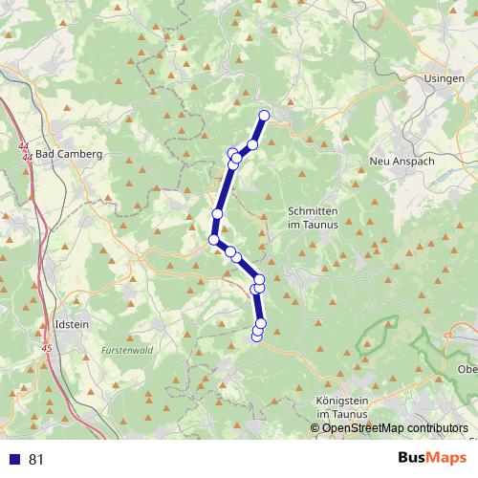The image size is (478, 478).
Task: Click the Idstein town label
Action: click(73, 324)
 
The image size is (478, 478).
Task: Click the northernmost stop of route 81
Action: click(265, 116)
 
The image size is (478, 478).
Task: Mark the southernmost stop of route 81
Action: click(256, 336)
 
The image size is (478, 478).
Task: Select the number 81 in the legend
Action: click(36, 459)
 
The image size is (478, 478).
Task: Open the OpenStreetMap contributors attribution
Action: click(396, 428)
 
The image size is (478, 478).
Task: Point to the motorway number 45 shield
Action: click(47, 348)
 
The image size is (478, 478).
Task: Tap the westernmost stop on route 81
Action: click(214, 239)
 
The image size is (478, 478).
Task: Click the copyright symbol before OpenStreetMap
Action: click(317, 428)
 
